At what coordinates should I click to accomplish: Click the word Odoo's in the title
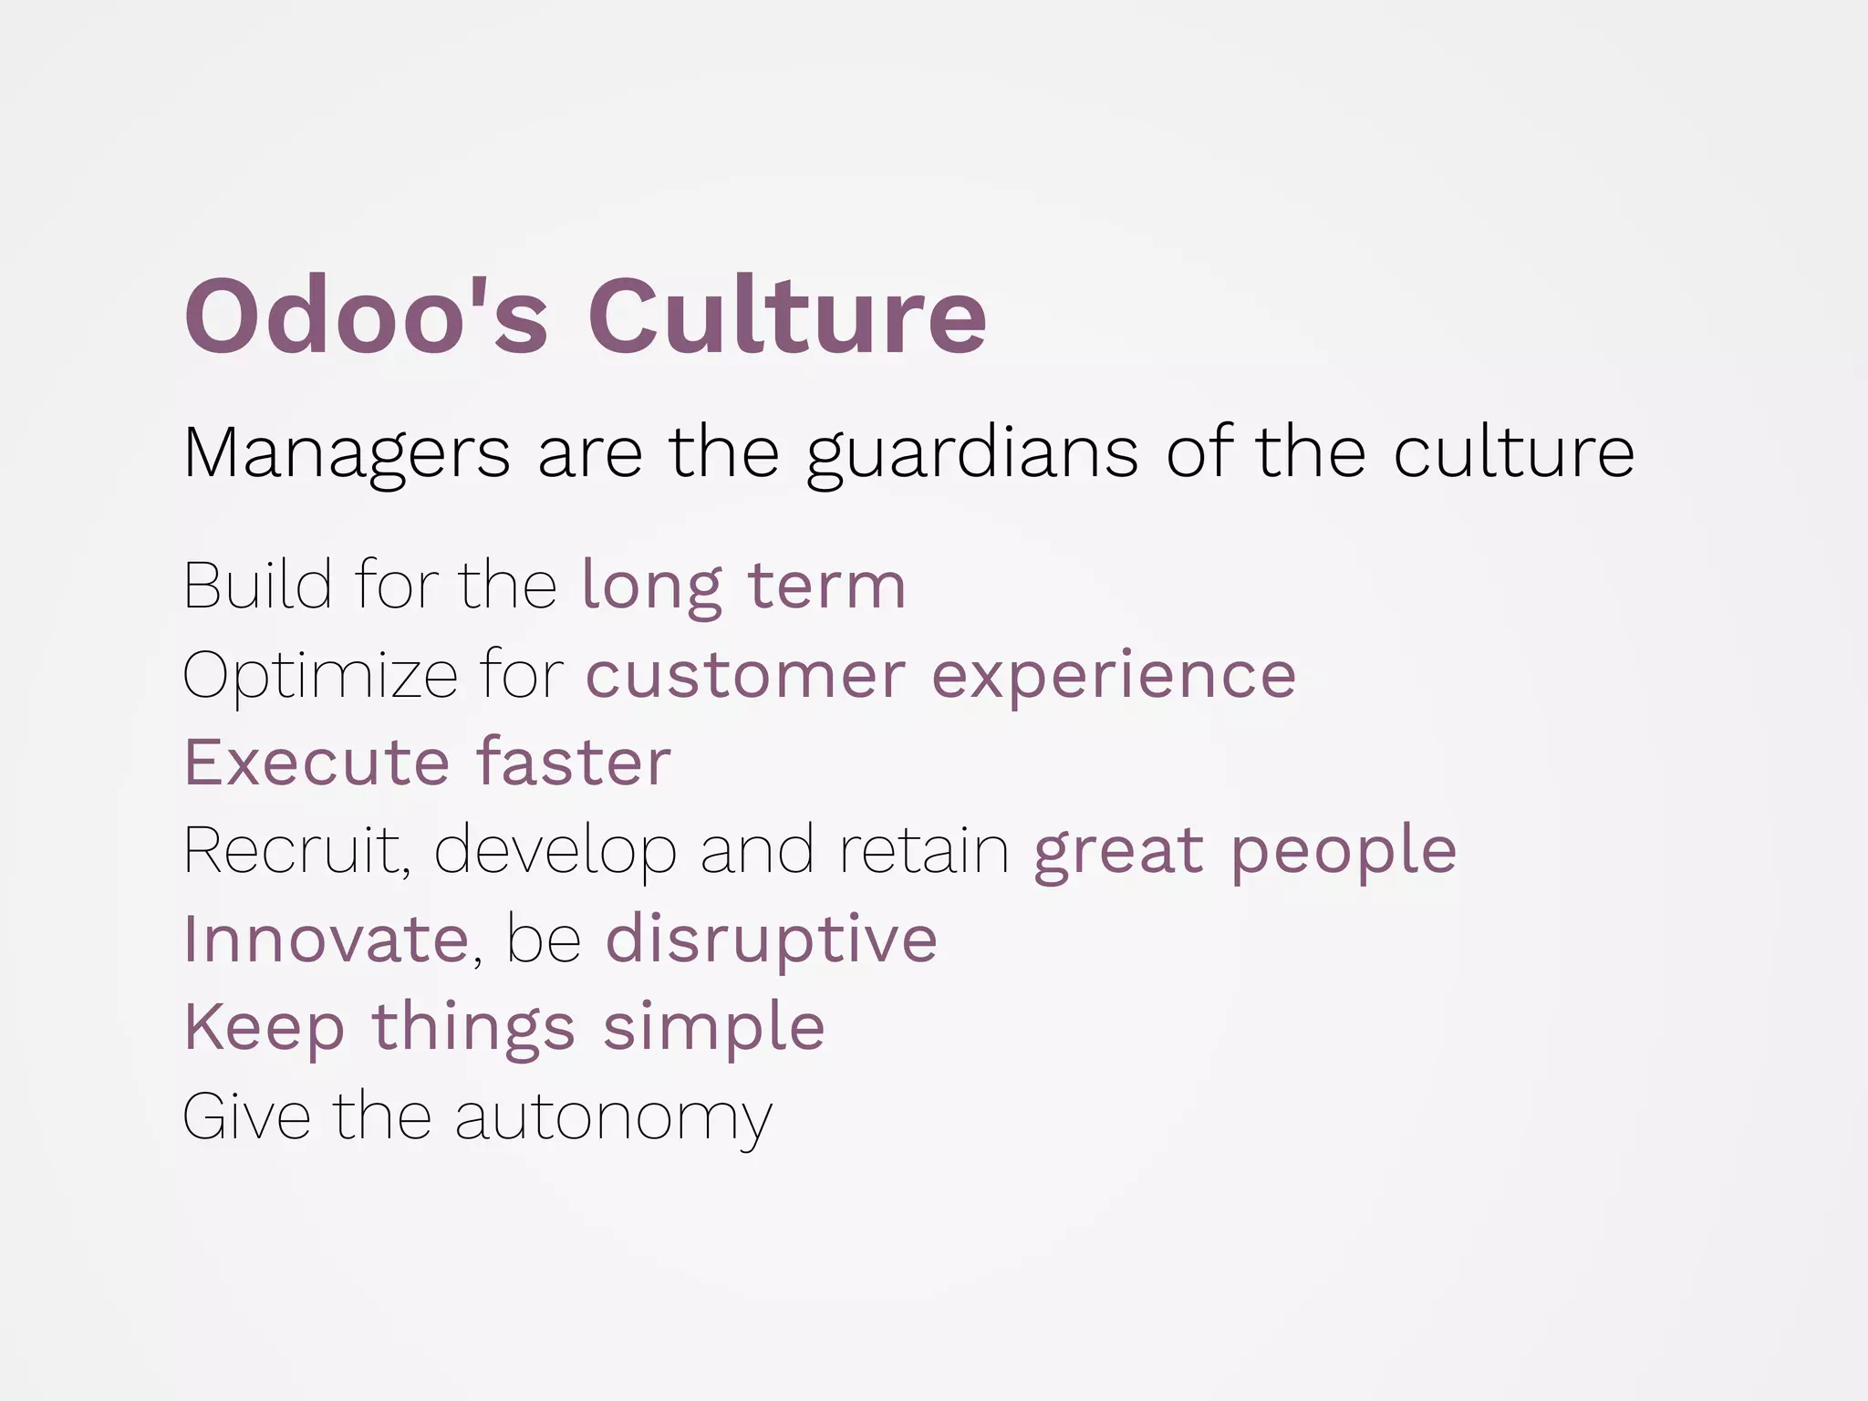[366, 316]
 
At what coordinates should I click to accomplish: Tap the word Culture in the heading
[787, 316]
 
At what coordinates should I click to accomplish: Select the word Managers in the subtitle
[347, 452]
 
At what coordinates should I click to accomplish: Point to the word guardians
[972, 452]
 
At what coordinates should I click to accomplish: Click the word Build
[257, 585]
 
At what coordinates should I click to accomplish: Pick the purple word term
[826, 585]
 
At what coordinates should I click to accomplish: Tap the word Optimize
[319, 676]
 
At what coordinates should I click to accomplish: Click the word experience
[1113, 676]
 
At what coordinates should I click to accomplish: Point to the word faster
[574, 763]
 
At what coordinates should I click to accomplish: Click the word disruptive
[771, 939]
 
